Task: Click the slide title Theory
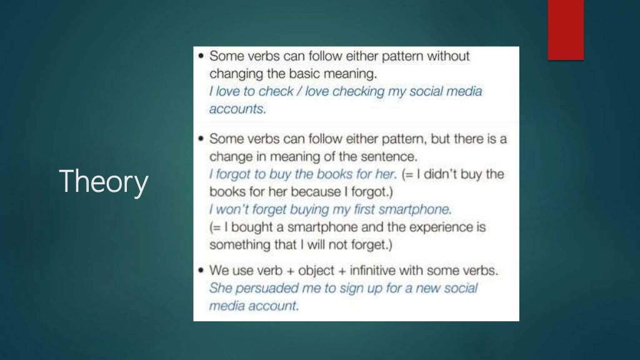(104, 182)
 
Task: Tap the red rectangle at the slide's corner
(566, 29)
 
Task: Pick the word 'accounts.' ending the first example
(237, 108)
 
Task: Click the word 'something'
(238, 244)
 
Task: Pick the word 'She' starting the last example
(220, 289)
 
